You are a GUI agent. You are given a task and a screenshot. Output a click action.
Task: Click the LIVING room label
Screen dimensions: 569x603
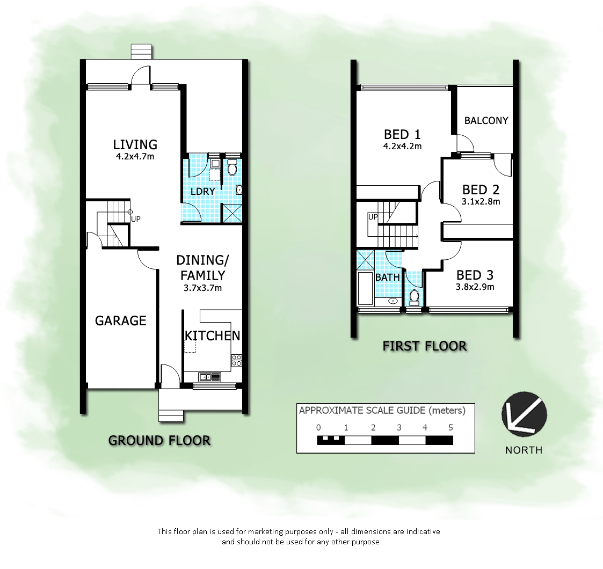tap(135, 144)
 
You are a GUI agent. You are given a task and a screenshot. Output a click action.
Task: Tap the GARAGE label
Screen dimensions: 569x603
tap(120, 320)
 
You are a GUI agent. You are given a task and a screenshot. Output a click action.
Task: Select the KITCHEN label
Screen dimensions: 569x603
tap(212, 335)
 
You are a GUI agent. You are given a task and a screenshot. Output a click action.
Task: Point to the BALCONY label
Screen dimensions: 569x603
tap(486, 120)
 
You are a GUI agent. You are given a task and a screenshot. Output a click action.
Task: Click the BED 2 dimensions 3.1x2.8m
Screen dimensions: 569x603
tap(481, 202)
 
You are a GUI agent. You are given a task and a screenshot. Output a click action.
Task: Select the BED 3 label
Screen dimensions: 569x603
tap(475, 275)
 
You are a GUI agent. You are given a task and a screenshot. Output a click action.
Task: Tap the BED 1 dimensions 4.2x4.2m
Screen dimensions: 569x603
tap(402, 145)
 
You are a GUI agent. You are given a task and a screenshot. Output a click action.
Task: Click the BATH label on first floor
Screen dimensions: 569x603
tap(387, 277)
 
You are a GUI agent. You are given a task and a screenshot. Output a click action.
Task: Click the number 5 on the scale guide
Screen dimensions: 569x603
tap(451, 428)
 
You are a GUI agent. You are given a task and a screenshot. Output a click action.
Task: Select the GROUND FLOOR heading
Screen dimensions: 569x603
tap(159, 440)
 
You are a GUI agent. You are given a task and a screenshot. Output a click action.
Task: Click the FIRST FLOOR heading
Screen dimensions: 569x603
tap(424, 346)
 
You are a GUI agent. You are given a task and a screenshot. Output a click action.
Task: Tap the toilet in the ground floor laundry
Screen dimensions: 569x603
tap(233, 169)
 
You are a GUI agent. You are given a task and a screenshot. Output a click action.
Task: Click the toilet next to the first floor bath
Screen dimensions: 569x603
tap(414, 296)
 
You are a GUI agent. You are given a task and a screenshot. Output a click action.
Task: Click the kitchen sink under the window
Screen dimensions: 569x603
tap(209, 376)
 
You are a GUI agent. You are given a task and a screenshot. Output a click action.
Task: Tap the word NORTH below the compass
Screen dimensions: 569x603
tap(524, 450)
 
